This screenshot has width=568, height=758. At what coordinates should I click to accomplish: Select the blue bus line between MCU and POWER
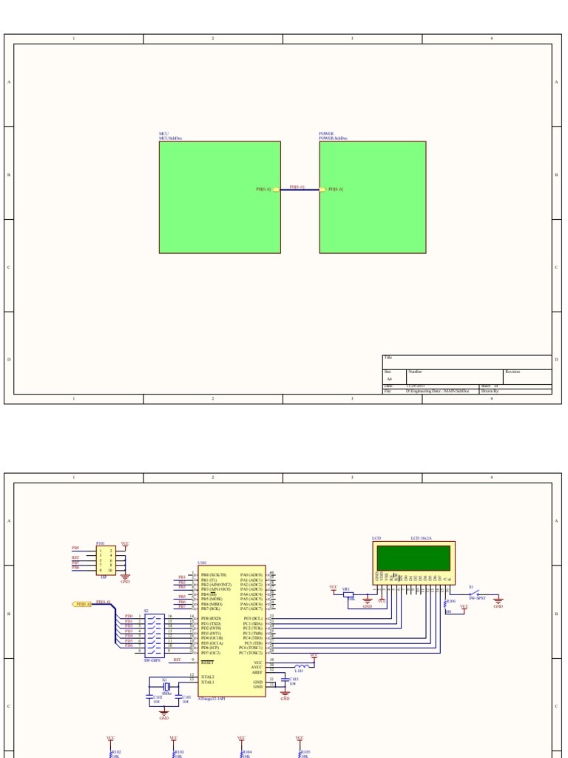click(300, 190)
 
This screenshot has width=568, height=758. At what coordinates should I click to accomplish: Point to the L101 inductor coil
click(301, 665)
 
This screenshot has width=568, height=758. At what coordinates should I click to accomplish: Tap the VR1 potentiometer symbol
click(348, 594)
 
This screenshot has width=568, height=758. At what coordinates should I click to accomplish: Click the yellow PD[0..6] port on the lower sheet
click(82, 604)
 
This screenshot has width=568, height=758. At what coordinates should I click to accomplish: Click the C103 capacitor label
click(294, 678)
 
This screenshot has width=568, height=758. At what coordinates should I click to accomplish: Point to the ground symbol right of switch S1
click(498, 601)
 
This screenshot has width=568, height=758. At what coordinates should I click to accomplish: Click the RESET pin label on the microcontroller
click(207, 663)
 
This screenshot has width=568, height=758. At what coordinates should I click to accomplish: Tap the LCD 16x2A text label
click(421, 538)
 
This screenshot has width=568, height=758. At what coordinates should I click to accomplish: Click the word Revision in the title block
click(513, 372)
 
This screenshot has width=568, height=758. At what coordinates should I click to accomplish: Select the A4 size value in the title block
click(390, 378)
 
